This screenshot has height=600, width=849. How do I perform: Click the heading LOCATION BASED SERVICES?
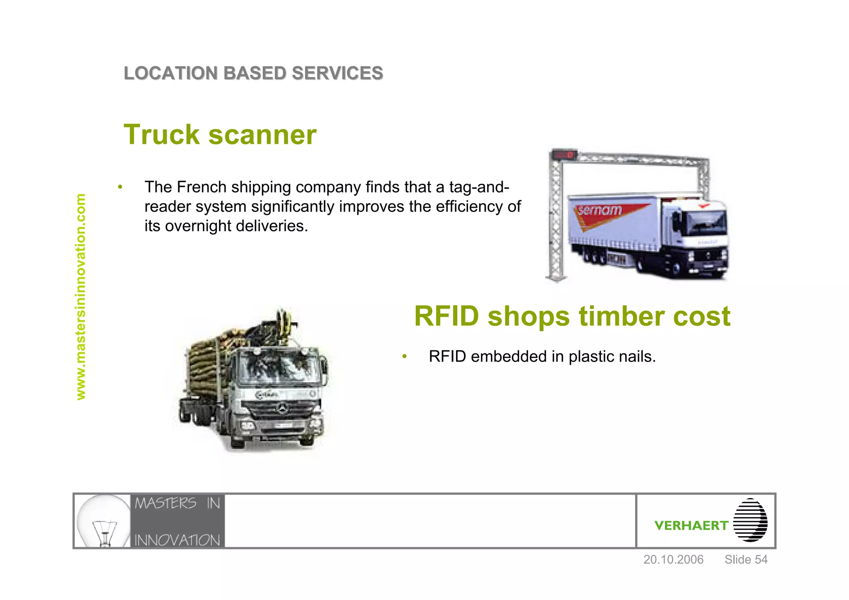253,73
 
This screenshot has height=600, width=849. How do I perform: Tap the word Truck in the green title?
162,135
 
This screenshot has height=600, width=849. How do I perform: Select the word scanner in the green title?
262,135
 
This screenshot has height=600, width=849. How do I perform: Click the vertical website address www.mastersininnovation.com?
81,296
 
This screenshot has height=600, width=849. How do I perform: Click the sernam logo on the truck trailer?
600,211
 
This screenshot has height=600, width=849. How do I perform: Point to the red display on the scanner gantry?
564,155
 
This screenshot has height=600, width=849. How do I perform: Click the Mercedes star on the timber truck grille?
282,408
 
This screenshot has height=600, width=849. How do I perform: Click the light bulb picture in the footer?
103,521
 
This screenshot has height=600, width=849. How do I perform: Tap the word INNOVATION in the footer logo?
177,540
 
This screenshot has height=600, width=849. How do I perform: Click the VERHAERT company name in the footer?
691,525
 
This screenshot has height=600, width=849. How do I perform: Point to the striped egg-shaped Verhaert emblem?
750,520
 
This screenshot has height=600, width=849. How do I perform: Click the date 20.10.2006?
673,560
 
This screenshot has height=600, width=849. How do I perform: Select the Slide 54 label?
746,560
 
